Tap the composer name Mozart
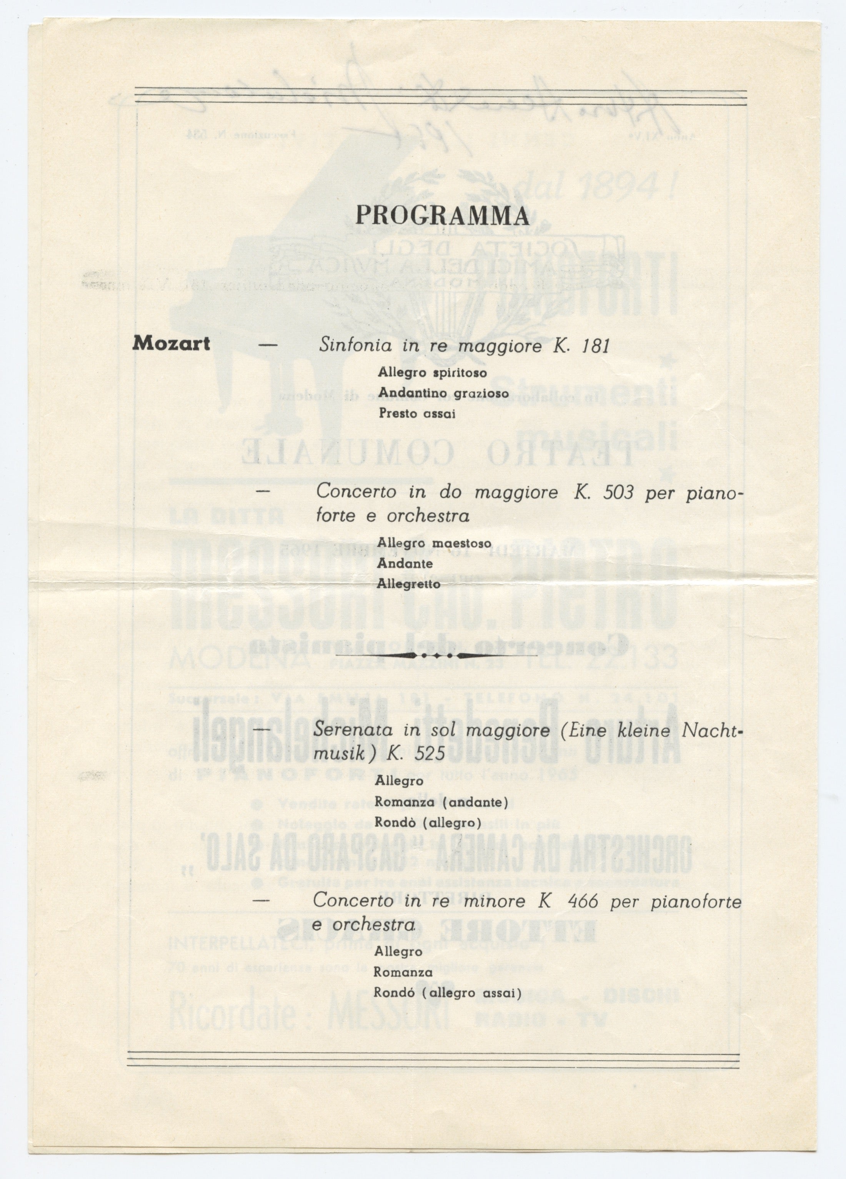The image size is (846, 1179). pyautogui.click(x=171, y=344)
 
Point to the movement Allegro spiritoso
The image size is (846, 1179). pyautogui.click(x=432, y=373)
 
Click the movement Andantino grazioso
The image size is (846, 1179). pyautogui.click(x=443, y=394)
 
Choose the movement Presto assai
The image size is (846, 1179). pyautogui.click(x=417, y=414)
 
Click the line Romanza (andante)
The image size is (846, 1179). pyautogui.click(x=441, y=802)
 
